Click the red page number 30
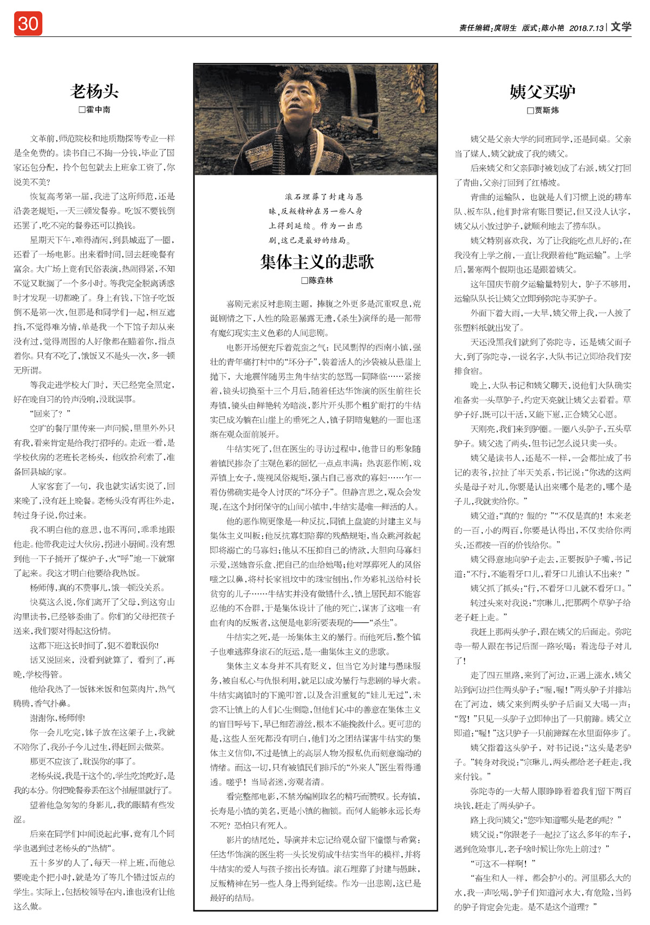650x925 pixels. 28,24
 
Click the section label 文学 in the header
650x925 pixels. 621,27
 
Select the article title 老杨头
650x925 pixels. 94,91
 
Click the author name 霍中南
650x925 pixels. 98,109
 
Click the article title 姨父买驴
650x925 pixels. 542,92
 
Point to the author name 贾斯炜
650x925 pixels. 547,110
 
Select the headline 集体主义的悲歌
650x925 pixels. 317,262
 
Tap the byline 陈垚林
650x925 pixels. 321,281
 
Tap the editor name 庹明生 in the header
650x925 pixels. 505,28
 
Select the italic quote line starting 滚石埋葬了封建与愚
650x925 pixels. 324,197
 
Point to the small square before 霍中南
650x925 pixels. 82,109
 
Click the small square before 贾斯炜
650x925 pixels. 530,110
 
